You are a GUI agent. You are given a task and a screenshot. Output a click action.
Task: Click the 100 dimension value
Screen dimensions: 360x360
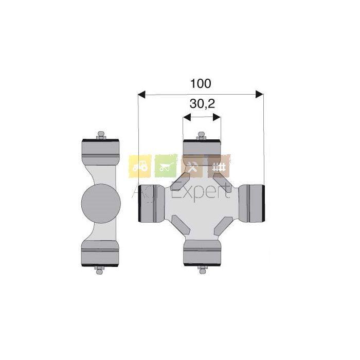pyautogui.click(x=201, y=83)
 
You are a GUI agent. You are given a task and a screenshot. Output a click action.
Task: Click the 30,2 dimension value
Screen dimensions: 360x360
pyautogui.click(x=202, y=104)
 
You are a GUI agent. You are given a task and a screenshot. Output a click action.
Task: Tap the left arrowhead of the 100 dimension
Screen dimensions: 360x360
pyautogui.click(x=141, y=94)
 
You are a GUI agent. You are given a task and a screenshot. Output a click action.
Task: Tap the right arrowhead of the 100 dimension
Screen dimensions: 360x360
pyautogui.click(x=259, y=94)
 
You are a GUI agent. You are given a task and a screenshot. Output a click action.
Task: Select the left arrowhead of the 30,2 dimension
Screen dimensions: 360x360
pyautogui.click(x=187, y=117)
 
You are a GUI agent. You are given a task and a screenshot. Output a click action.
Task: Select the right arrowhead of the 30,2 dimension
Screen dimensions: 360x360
pyautogui.click(x=217, y=117)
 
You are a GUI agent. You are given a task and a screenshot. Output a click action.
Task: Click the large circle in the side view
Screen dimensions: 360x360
pyautogui.click(x=101, y=204)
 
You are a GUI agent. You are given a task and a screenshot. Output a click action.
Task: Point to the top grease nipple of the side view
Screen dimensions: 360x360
pyautogui.click(x=101, y=135)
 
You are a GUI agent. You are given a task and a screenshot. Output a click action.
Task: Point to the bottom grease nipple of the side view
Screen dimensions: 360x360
pyautogui.click(x=99, y=270)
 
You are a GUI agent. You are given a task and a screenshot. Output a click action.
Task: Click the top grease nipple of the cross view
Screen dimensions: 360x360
pyautogui.click(x=202, y=136)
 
